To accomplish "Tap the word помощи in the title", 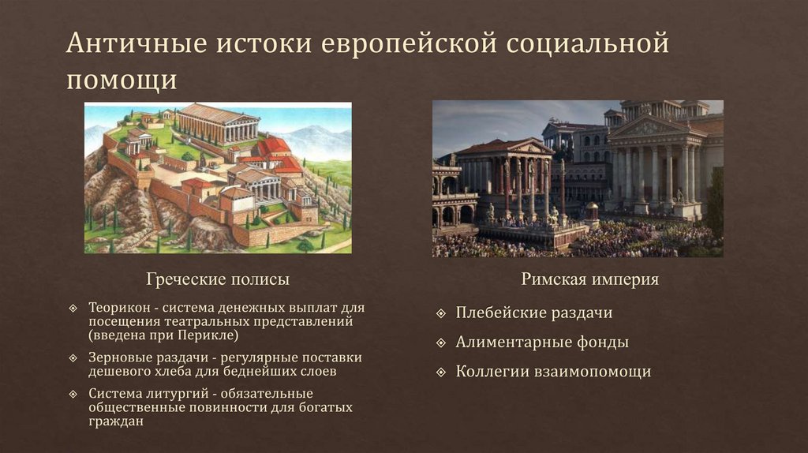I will pos(122,80).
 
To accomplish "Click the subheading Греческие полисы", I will pos(218,279).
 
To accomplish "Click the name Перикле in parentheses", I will pos(208,335).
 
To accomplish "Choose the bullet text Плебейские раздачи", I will pos(534,313).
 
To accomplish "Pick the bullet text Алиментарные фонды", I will pos(542,342).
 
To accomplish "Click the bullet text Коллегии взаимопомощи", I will pos(553,371).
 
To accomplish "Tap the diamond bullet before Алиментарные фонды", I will pos(441,343).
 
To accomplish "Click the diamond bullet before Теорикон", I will pos(73,308).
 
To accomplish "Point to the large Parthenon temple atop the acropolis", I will pos(218,123).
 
